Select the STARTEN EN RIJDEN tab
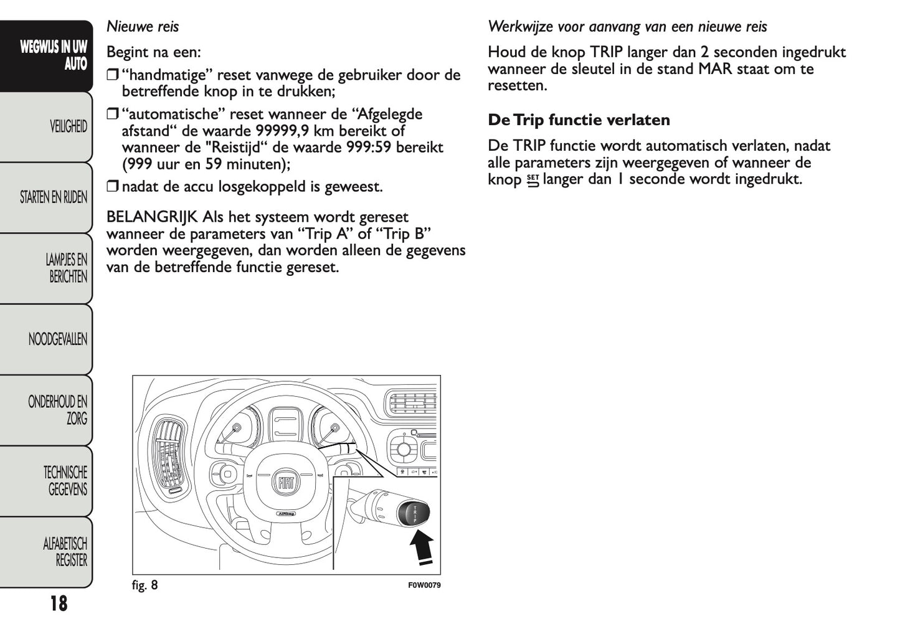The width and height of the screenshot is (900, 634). pyautogui.click(x=53, y=197)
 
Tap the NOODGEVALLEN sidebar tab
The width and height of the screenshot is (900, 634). pyautogui.click(x=57, y=339)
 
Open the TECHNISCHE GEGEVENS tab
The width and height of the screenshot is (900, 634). pyautogui.click(x=65, y=481)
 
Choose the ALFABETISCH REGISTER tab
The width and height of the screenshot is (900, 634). pyautogui.click(x=65, y=552)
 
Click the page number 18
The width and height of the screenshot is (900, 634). pyautogui.click(x=58, y=603)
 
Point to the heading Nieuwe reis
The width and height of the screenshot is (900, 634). pyautogui.click(x=142, y=27)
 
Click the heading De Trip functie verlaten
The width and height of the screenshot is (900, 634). pyautogui.click(x=579, y=120)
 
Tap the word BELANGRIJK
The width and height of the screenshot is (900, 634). pyautogui.click(x=152, y=217)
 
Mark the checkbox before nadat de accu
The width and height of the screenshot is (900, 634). pyautogui.click(x=112, y=187)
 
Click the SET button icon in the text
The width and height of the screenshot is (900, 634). pyautogui.click(x=532, y=181)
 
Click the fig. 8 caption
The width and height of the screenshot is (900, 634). pyautogui.click(x=144, y=585)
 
